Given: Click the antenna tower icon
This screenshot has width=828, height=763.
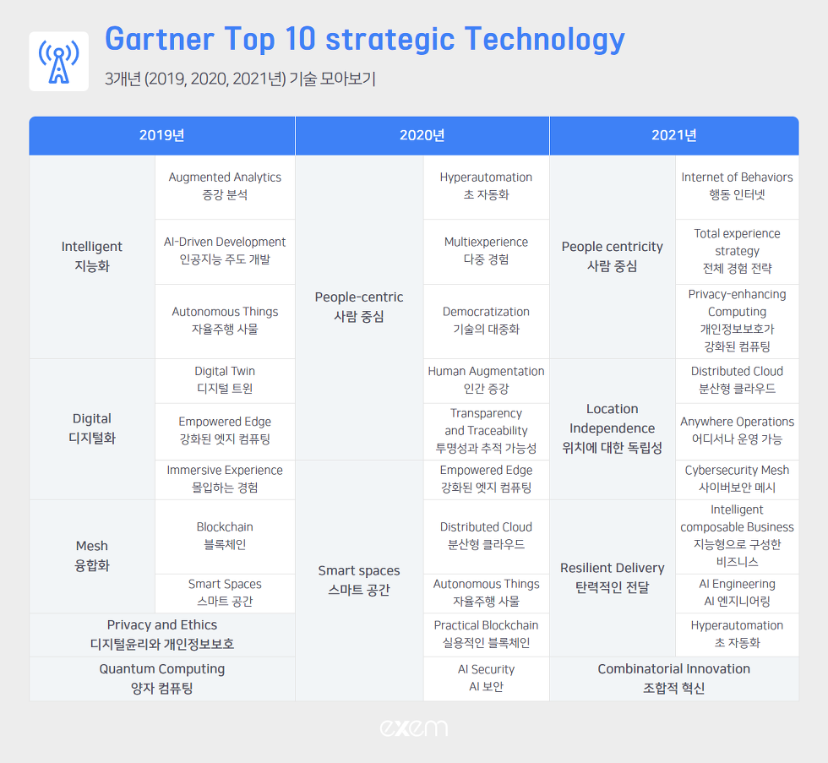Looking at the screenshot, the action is click(x=58, y=61).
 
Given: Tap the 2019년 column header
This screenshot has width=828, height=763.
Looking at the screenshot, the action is click(x=161, y=136).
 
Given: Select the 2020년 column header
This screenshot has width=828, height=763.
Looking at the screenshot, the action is click(x=422, y=136).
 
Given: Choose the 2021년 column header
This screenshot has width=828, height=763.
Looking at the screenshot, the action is click(x=674, y=136).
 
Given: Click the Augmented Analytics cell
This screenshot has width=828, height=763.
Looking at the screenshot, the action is click(x=225, y=187).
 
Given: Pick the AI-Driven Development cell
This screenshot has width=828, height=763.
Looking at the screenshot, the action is click(x=225, y=251).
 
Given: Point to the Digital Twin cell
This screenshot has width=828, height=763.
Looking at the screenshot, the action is click(x=225, y=381).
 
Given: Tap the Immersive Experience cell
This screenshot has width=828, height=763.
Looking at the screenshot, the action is click(x=225, y=479).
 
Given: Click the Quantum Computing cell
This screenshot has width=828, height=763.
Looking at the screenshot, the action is click(x=161, y=679).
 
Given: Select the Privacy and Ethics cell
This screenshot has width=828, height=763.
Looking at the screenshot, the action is click(x=161, y=635).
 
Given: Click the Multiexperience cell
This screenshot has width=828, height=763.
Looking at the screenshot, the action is click(x=486, y=251).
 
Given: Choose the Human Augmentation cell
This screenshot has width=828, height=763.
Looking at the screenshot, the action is click(x=486, y=381).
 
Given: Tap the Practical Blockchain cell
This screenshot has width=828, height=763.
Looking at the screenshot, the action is click(x=486, y=635).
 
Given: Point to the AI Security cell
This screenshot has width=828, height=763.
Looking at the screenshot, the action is click(x=486, y=679).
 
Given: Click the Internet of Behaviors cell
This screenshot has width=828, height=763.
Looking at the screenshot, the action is click(x=737, y=187).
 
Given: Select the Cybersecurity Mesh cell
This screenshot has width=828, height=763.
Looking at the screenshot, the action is click(x=737, y=479).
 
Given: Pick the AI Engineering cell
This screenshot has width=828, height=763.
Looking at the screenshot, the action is click(x=737, y=593).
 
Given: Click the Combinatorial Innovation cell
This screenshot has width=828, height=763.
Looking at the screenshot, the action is click(x=674, y=679).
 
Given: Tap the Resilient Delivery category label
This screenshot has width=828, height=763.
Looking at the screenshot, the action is click(x=613, y=578).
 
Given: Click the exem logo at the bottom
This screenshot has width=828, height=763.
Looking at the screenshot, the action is click(x=413, y=728).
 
